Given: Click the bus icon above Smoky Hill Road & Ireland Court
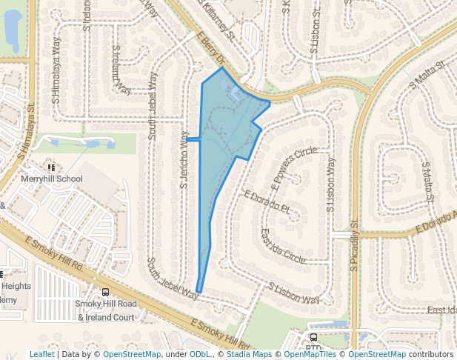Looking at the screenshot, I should tap(106, 292).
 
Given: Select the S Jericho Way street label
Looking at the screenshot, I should tap(184, 159).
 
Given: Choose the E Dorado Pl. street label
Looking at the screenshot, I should tap(266, 201).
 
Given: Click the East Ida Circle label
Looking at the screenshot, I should tap(283, 245).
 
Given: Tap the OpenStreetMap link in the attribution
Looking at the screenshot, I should tap(132, 354).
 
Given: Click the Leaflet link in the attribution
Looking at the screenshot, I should tap(41, 354).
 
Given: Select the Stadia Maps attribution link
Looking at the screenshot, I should tap(249, 354).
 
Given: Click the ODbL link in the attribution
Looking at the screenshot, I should tap(200, 354).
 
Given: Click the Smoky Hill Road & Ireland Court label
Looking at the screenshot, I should tap(106, 310).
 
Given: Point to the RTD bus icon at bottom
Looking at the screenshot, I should tap(314, 338).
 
